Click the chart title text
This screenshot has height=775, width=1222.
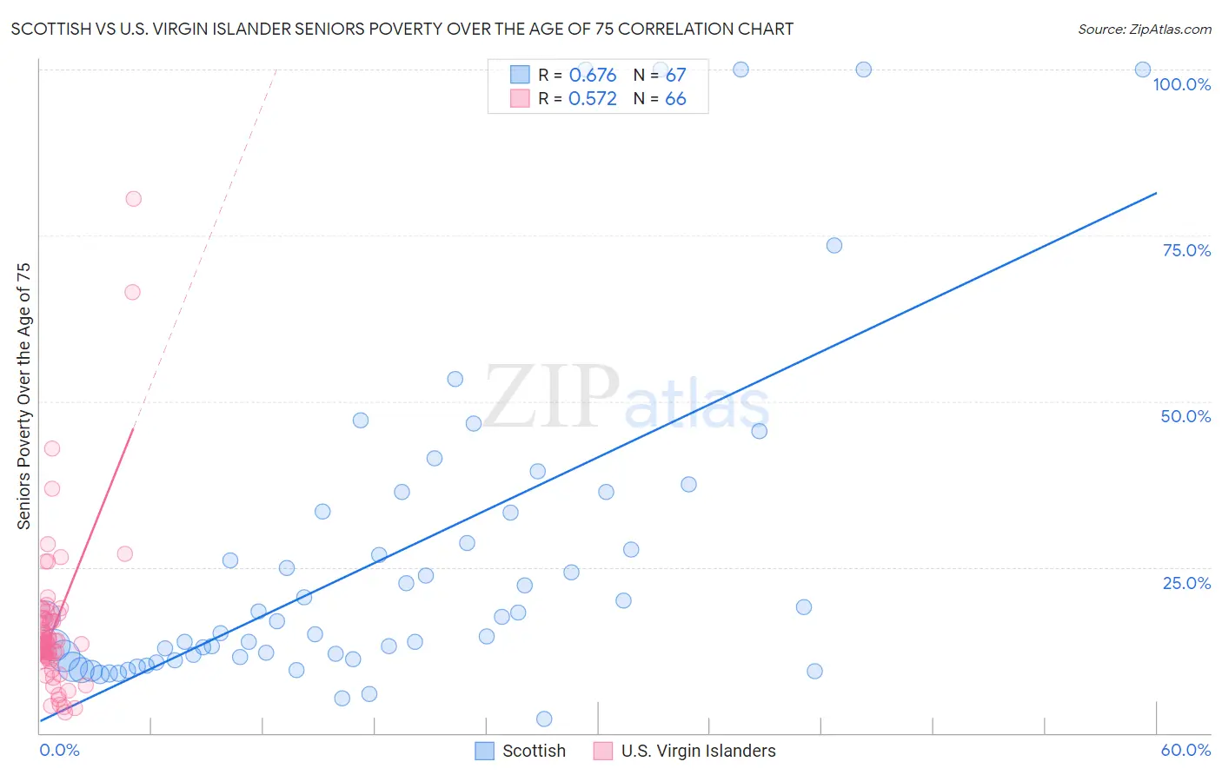click(402, 30)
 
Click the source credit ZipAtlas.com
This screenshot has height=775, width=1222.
click(1144, 30)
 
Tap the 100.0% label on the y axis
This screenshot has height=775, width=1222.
click(1181, 84)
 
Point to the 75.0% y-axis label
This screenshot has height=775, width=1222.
click(1186, 250)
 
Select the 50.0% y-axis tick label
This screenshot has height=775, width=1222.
click(1185, 416)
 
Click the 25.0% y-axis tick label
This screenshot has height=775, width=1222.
click(1186, 583)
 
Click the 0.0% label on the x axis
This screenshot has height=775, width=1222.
click(59, 750)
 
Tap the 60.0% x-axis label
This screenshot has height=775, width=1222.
click(1185, 750)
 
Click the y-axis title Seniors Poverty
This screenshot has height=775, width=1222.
click(24, 396)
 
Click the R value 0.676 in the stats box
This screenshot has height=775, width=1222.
click(593, 76)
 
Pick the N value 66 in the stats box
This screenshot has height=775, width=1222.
click(675, 99)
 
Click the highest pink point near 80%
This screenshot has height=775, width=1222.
click(133, 199)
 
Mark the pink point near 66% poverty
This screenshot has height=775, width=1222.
click(132, 292)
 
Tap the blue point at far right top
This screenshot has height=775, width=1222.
click(1143, 70)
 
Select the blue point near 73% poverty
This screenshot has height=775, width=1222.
click(834, 245)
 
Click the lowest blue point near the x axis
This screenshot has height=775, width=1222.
click(544, 719)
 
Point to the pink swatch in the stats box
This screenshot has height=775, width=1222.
click(520, 98)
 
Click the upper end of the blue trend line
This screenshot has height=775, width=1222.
click(1156, 193)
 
